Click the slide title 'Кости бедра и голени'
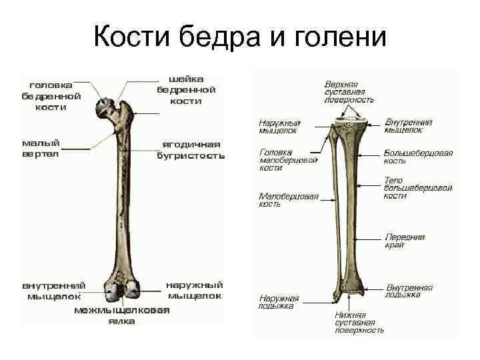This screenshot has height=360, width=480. point(240,36)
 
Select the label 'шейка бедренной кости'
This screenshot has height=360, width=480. point(186,90)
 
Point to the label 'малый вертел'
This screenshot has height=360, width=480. point(41,148)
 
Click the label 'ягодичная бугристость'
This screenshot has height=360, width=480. point(191,150)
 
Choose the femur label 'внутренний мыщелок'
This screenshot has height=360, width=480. point(54,290)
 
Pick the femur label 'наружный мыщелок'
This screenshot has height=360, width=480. point(195,290)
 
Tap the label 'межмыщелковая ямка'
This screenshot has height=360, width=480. point(122,315)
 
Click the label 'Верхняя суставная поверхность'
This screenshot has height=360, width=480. point(349,92)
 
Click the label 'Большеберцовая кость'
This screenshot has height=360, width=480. point(418,157)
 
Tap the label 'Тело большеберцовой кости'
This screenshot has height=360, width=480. point(418,188)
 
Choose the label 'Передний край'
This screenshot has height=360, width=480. point(405,241)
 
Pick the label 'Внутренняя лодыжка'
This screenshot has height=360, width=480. point(409,291)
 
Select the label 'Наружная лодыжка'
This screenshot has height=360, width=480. point(279,302)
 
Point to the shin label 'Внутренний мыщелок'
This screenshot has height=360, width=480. point(409,126)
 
